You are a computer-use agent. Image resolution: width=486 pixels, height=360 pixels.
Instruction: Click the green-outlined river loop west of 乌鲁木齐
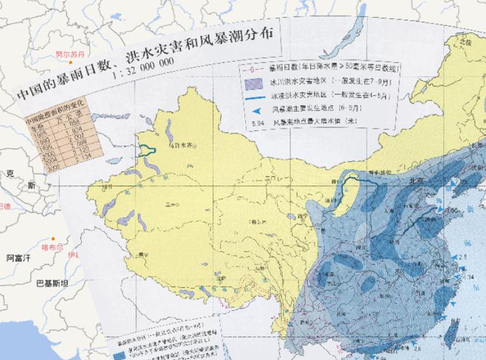[x=147, y=150]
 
